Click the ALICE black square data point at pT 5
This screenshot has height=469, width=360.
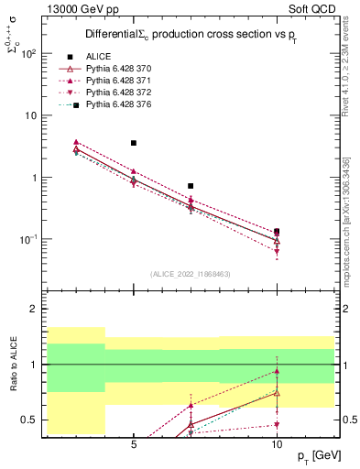point(134,143)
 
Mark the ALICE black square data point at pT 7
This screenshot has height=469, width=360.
point(191,186)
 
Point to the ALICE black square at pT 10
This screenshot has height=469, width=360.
point(277,232)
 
